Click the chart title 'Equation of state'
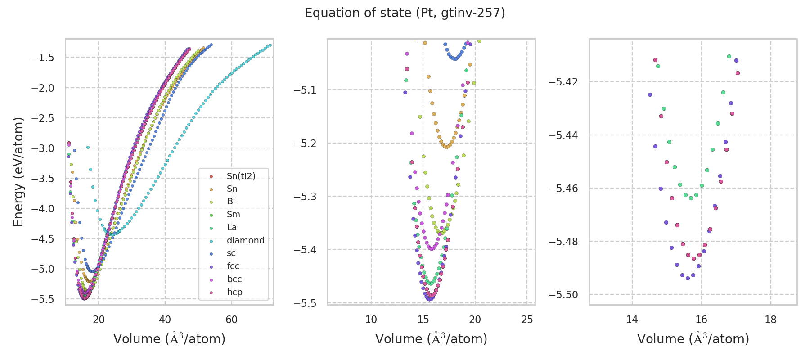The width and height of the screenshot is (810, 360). pyautogui.click(x=405, y=13)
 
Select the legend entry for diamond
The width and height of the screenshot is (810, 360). pyautogui.click(x=245, y=240)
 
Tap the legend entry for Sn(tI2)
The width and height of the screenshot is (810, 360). pyautogui.click(x=241, y=176)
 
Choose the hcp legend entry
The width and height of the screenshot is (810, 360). pyautogui.click(x=234, y=292)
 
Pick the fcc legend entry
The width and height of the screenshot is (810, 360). pyautogui.click(x=233, y=266)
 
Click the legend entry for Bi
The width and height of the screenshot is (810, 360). pyautogui.click(x=231, y=202)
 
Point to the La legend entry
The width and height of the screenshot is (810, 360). pyautogui.click(x=232, y=227)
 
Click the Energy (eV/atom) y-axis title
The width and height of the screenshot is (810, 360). pyautogui.click(x=18, y=172)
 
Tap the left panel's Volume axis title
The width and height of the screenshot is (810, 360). pyautogui.click(x=169, y=339)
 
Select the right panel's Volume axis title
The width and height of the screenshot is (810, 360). pyautogui.click(x=693, y=339)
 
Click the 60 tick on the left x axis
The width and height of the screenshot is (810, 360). pyautogui.click(x=231, y=319)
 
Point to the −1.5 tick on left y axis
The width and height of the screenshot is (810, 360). pyautogui.click(x=42, y=58)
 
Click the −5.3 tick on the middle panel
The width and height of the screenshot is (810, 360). pyautogui.click(x=305, y=197)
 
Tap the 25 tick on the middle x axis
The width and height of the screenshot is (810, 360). pyautogui.click(x=527, y=319)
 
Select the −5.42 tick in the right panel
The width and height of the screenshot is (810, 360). pyautogui.click(x=563, y=82)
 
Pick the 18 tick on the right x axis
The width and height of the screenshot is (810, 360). pyautogui.click(x=771, y=319)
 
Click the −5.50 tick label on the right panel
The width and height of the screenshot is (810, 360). pyautogui.click(x=563, y=295)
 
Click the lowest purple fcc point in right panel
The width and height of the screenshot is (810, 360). pyautogui.click(x=688, y=278)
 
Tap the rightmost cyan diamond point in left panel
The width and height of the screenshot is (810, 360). pyautogui.click(x=270, y=45)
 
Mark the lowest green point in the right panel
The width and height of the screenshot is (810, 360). pyautogui.click(x=691, y=198)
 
